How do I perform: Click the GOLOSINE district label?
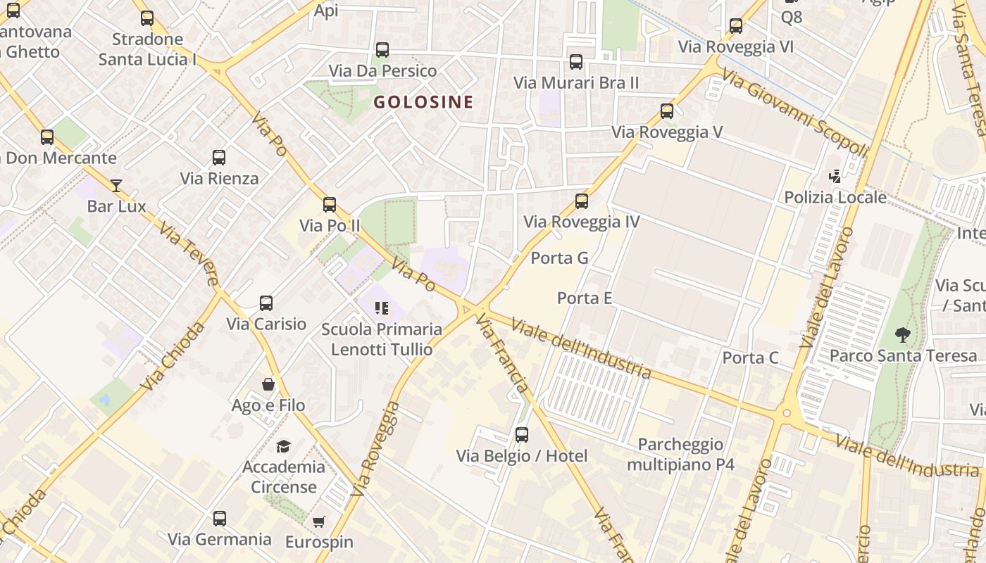click(423, 102)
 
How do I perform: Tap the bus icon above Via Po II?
click(329, 205)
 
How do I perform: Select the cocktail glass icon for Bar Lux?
click(116, 186)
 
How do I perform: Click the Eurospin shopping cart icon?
click(319, 521)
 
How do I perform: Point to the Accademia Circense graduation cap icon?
click(283, 446)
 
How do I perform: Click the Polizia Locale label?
click(835, 197)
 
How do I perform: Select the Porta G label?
click(559, 258)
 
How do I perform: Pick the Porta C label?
click(750, 358)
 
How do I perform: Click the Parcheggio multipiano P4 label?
click(680, 455)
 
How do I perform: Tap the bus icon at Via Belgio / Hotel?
click(521, 435)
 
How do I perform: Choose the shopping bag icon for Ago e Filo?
click(268, 384)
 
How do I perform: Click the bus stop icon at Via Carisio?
click(266, 303)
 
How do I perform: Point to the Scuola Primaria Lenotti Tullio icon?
click(382, 308)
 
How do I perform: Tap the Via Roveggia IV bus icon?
click(581, 201)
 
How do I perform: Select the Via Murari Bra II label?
click(576, 83)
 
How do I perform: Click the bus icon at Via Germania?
click(219, 519)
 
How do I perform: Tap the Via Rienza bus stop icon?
click(219, 158)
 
